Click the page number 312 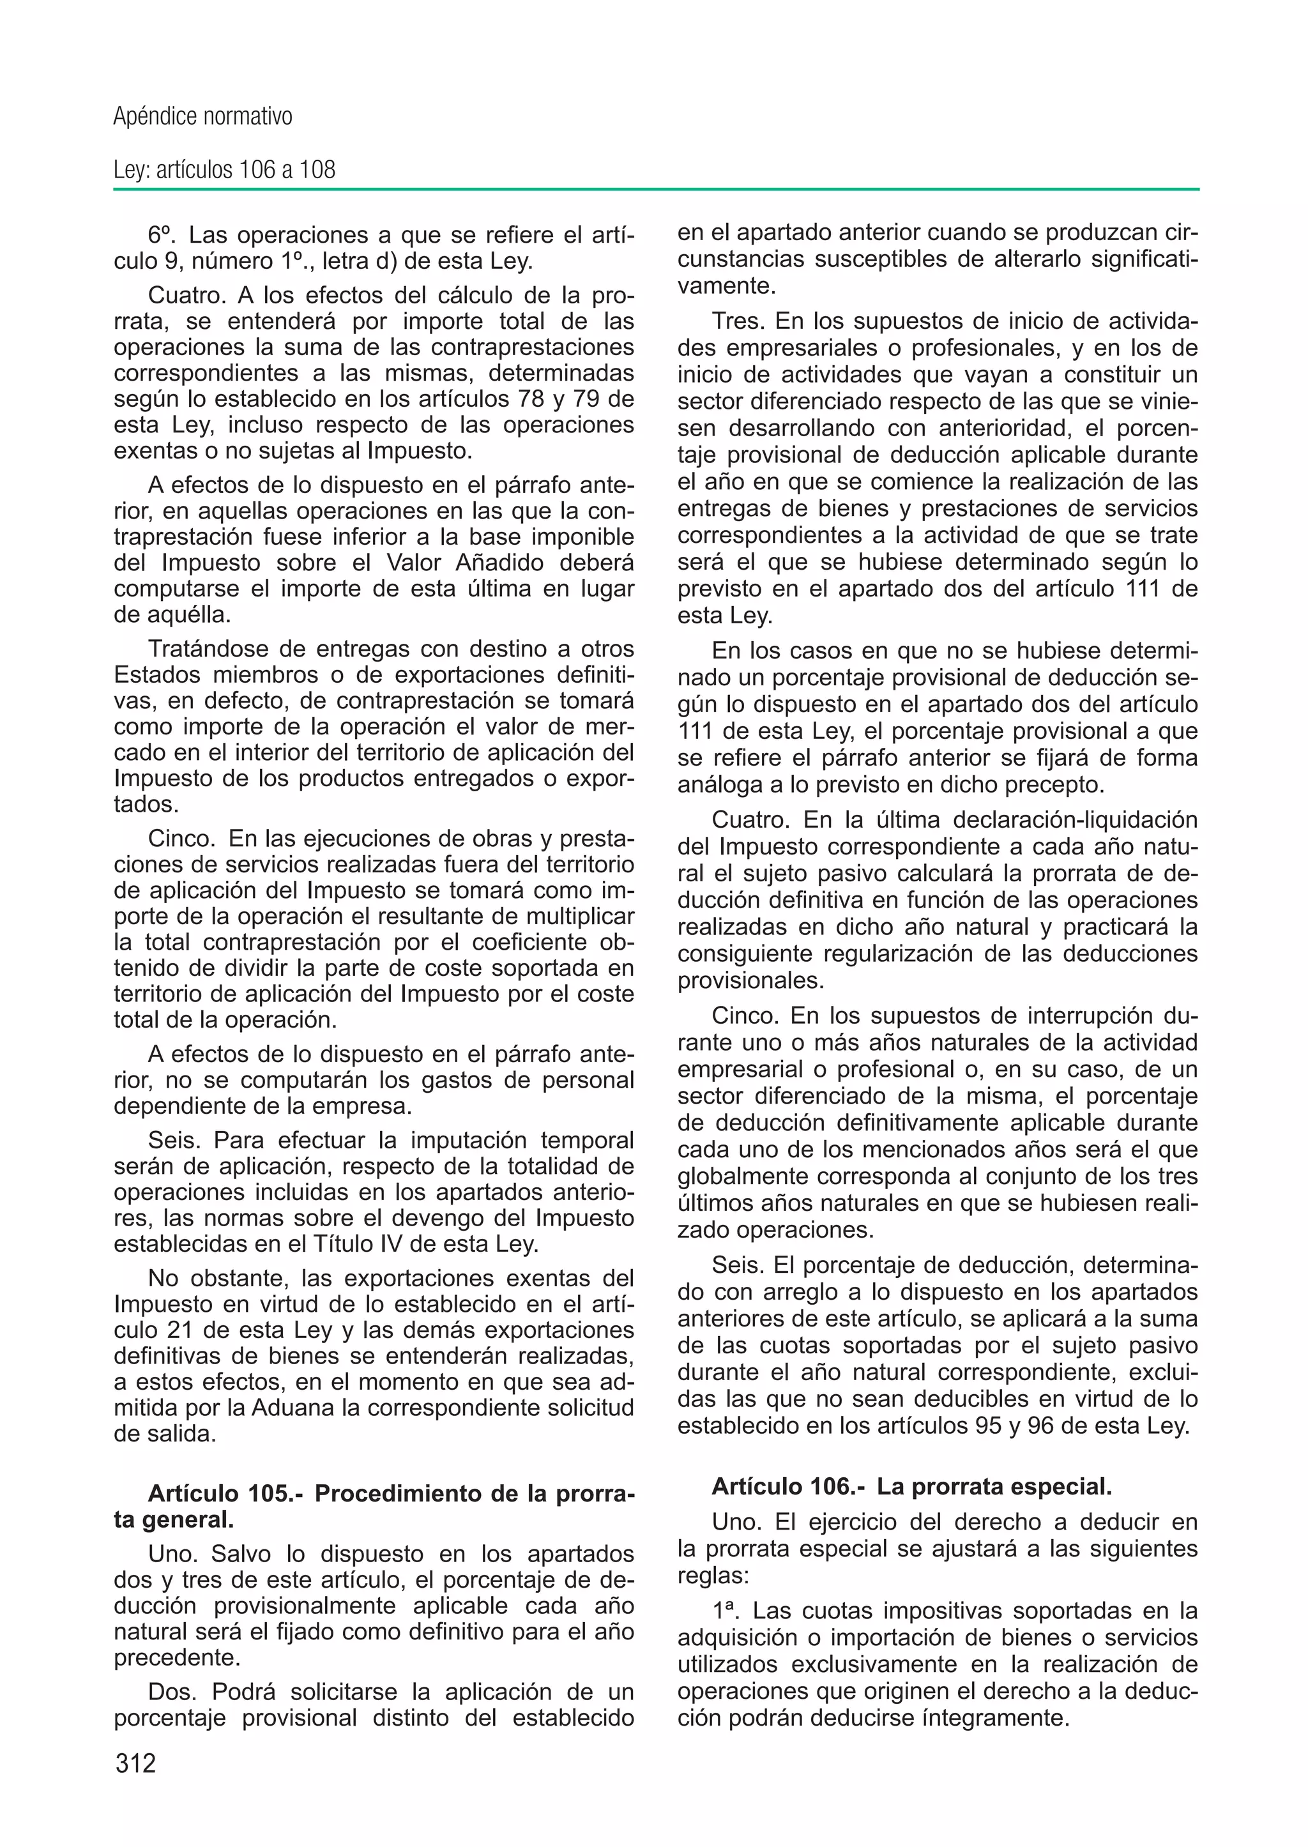[x=135, y=1763]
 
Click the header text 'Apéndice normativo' [x=202, y=117]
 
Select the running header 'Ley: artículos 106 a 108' [x=224, y=170]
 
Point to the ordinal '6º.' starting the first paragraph [x=163, y=235]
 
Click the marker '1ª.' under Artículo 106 [x=729, y=1611]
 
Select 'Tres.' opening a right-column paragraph [x=738, y=321]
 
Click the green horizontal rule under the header [x=656, y=190]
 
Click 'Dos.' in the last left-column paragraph [x=172, y=1692]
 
